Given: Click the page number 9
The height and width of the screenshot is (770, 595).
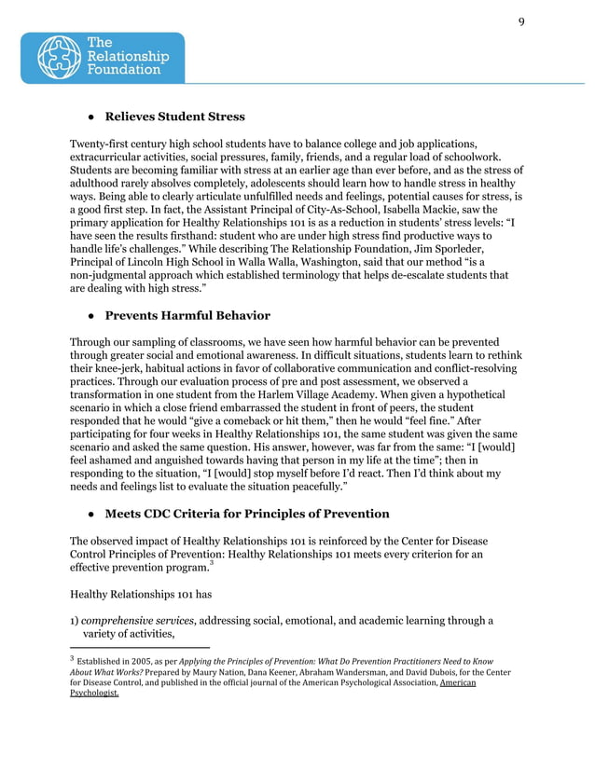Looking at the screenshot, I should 521,24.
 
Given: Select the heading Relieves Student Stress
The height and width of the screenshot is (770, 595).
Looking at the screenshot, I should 174,117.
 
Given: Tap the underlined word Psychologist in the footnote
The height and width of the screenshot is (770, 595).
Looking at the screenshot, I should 93,694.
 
